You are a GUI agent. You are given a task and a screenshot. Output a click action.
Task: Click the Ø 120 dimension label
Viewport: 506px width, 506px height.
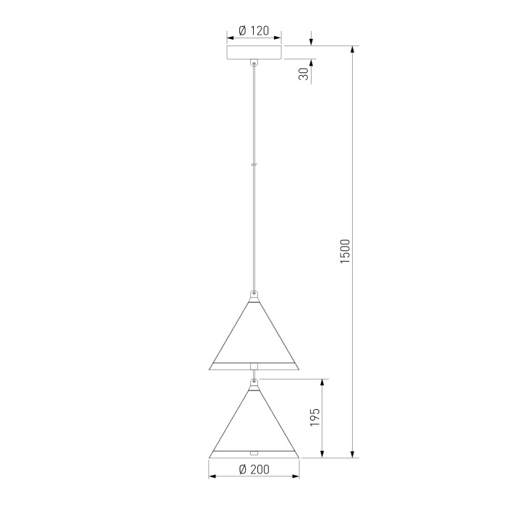[254, 30]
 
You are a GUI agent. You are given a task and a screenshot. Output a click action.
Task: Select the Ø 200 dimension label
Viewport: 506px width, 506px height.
[254, 469]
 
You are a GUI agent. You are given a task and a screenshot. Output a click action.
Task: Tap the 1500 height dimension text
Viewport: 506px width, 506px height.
[345, 252]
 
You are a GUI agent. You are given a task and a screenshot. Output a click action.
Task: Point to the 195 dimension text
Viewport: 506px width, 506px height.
[314, 417]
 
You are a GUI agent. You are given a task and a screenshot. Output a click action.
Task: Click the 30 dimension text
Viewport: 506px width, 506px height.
[304, 74]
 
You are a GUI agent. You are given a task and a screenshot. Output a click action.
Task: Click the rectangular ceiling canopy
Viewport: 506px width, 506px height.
[254, 53]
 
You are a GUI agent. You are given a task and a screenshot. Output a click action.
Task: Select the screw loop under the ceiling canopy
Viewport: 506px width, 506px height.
[254, 63]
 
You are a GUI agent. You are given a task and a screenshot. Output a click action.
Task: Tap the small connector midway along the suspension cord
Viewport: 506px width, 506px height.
[254, 164]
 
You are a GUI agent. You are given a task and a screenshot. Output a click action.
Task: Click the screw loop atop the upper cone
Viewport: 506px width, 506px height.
[254, 294]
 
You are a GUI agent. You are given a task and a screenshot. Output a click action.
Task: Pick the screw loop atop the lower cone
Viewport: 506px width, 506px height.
[254, 382]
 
